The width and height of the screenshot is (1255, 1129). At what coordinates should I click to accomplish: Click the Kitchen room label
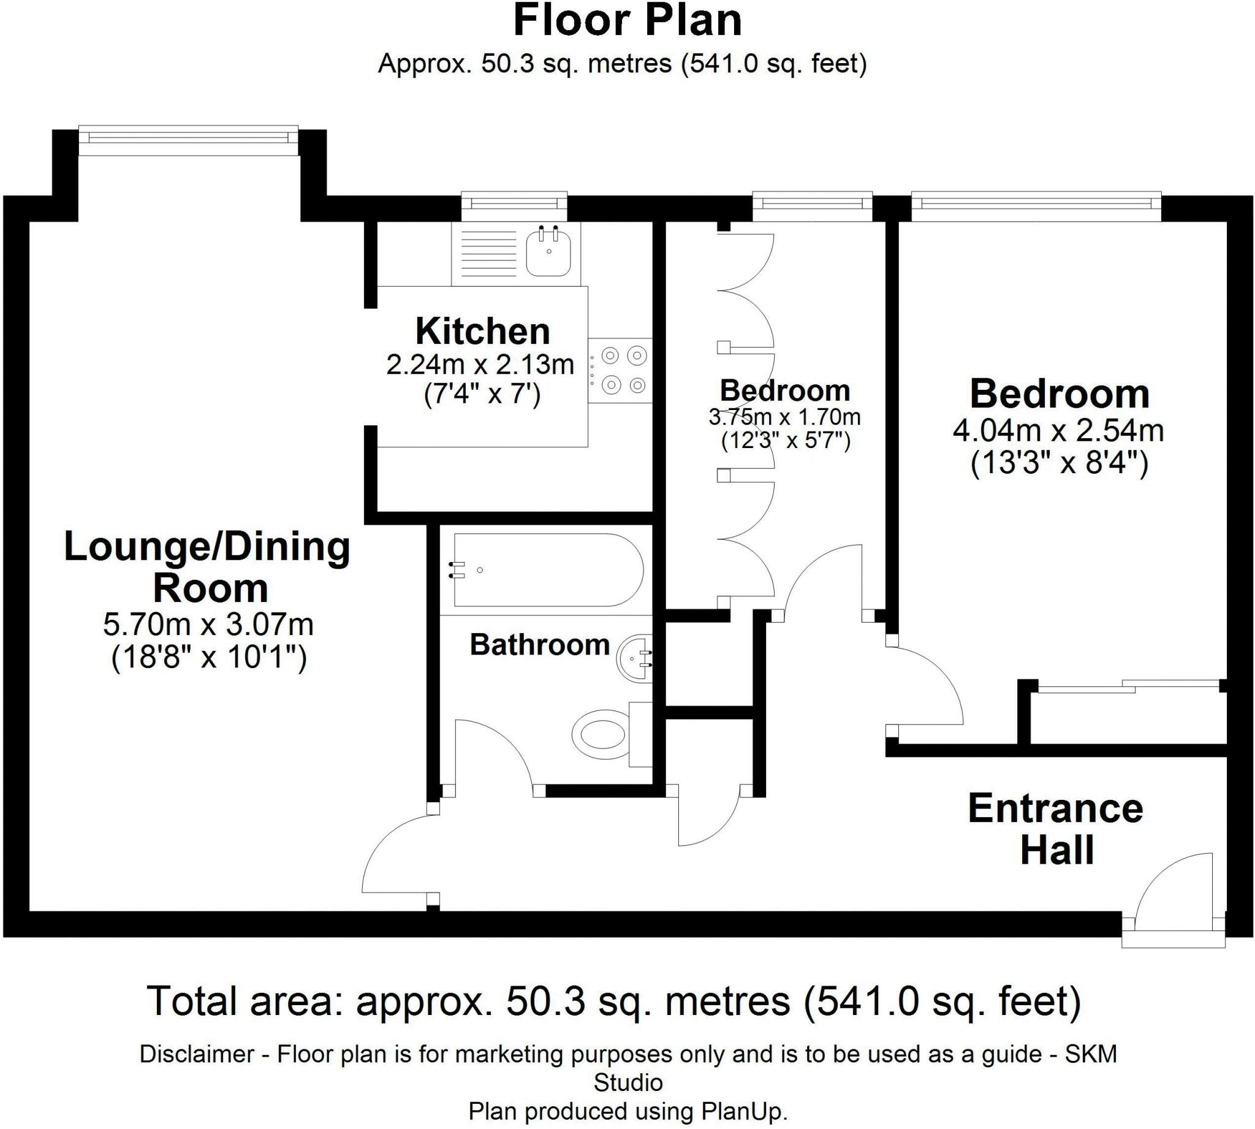482,331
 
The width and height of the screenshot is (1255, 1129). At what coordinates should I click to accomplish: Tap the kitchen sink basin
548,251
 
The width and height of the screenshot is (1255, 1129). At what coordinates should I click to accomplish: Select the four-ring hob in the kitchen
620,370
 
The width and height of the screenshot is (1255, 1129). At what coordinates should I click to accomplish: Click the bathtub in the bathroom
548,569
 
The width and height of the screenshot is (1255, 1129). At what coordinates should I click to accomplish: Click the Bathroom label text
539,645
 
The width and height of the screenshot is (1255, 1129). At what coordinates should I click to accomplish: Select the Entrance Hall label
1056,829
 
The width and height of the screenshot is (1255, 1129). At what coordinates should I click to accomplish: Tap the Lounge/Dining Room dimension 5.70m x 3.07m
208,625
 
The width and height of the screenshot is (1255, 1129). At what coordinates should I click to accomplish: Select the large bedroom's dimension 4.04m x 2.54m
1058,431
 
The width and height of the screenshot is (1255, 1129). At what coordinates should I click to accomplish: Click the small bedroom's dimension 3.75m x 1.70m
784,417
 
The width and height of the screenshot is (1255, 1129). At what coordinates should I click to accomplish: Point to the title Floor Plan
627,21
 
